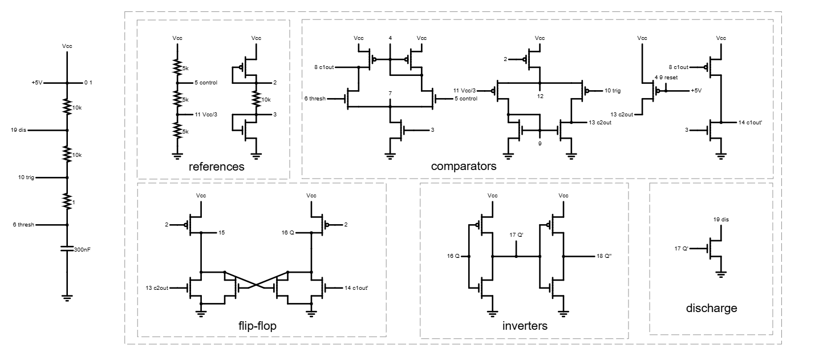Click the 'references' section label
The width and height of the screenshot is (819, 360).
tap(216, 167)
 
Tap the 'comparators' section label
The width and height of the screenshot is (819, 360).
tap(464, 167)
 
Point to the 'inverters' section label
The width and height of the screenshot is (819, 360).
tap(525, 326)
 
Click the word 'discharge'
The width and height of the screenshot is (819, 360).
tap(711, 309)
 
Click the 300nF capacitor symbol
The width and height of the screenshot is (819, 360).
tap(67, 249)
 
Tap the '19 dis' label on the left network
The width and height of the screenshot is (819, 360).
tap(18, 130)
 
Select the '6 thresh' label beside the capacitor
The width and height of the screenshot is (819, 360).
tap(23, 225)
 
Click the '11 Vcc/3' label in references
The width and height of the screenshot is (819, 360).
tap(207, 115)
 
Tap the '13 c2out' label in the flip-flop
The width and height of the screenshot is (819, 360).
tap(157, 288)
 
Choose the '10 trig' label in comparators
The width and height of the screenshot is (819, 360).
tap(614, 90)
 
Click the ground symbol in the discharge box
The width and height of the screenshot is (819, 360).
tap(721, 274)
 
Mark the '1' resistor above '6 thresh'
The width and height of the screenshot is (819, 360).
tap(67, 201)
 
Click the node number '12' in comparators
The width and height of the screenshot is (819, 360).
tap(540, 96)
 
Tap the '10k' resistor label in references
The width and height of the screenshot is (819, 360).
tap(266, 99)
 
